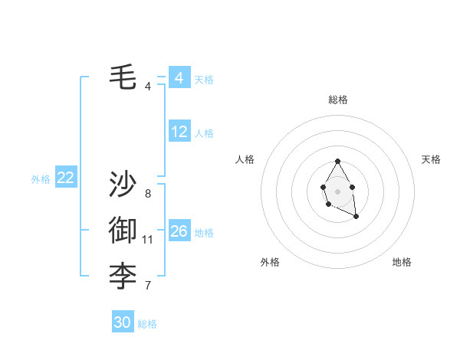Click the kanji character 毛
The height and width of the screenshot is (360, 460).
click(123, 77)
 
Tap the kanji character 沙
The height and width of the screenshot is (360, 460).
click(123, 185)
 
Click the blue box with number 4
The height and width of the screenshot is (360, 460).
click(179, 78)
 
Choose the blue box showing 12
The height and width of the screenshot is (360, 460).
click(179, 132)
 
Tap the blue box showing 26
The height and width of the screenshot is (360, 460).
click(179, 231)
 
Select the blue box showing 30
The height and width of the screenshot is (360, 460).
click(123, 322)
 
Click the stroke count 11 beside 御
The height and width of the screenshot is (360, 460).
click(148, 240)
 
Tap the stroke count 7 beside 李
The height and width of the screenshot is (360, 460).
click(148, 286)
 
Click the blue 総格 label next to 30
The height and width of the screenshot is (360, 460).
click(147, 324)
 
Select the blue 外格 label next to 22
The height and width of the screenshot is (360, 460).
click(41, 179)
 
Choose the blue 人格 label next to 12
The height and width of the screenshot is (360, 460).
click(204, 133)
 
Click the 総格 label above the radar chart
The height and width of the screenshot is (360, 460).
click(338, 100)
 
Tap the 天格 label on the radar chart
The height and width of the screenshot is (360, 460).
click(432, 159)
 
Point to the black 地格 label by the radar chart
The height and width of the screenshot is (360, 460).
click(402, 262)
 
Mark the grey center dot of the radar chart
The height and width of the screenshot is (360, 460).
click(337, 191)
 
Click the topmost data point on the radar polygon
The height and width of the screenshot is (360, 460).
click(337, 162)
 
